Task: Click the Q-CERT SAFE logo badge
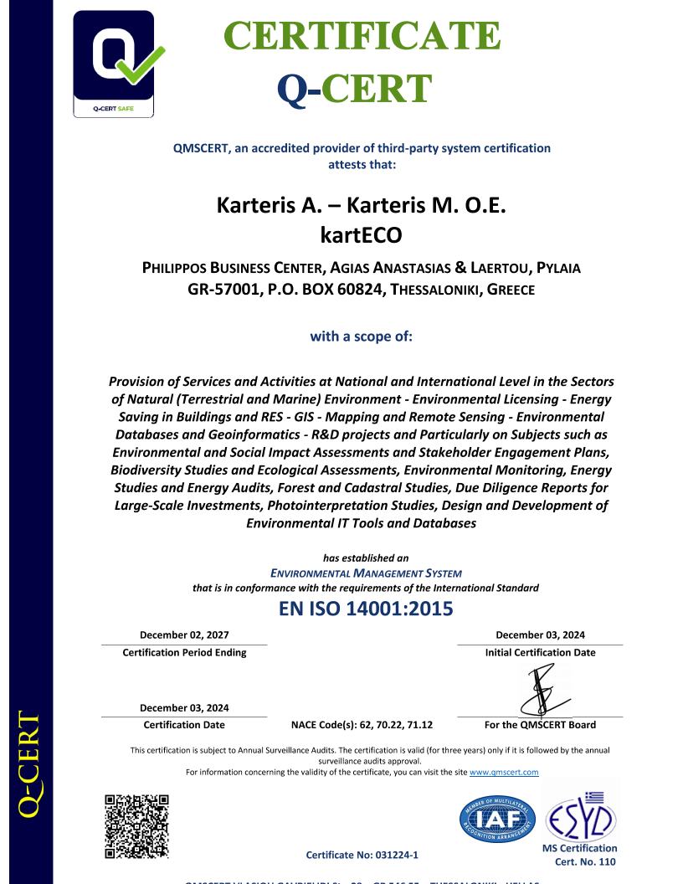click(x=114, y=64)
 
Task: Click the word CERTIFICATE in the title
click(x=362, y=35)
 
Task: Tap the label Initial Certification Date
click(x=540, y=653)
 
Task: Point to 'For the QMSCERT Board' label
click(x=540, y=725)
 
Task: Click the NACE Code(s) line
click(x=362, y=725)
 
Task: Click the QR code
click(x=137, y=827)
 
